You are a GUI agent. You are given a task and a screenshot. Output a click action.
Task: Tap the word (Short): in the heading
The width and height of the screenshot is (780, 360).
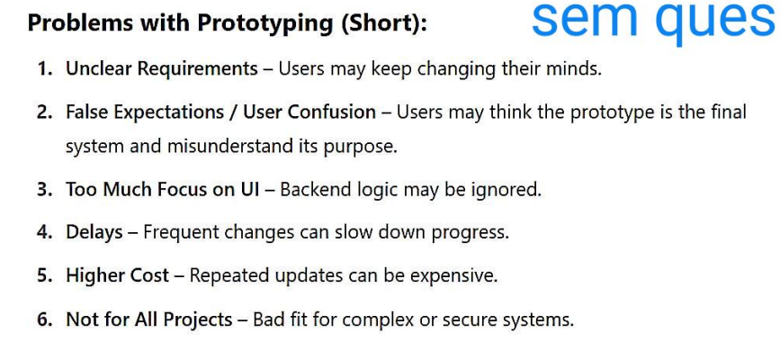click(x=383, y=22)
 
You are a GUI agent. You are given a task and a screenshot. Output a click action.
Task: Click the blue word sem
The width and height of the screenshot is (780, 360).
click(x=584, y=19)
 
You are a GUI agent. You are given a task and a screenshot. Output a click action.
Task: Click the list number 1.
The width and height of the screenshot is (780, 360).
click(x=44, y=68)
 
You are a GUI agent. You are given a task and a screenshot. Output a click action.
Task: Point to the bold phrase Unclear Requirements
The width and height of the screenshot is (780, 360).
click(x=162, y=69)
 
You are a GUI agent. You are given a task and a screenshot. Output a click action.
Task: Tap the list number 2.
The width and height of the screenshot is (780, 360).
click(x=44, y=112)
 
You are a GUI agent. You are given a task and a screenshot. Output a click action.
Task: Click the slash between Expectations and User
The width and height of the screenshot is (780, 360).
click(x=232, y=112)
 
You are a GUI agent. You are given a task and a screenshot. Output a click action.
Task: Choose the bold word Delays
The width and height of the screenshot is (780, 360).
click(x=94, y=232)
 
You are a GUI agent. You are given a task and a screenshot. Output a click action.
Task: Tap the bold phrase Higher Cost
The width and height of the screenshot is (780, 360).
click(x=117, y=275)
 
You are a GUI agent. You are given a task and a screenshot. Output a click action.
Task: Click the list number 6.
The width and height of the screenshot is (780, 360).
click(x=44, y=319)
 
